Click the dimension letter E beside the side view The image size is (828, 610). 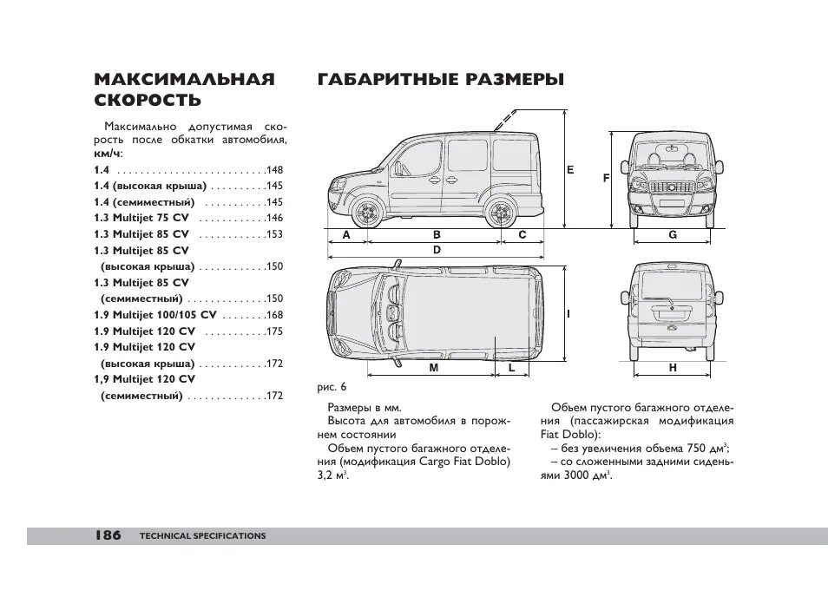coord(570,170)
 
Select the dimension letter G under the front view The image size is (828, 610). coord(672,235)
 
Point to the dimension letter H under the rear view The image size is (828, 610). coord(672,368)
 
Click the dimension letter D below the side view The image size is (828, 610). coord(437,250)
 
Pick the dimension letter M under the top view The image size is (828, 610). coord(431,368)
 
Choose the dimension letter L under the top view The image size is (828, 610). coord(512,368)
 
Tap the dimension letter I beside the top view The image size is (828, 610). coord(568,313)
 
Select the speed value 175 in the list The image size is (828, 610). coord(275,331)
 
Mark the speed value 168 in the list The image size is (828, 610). coord(275,315)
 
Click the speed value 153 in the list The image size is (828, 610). coord(275,234)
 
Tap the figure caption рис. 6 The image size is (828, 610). coord(332,386)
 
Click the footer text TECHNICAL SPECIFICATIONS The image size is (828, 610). coord(202,536)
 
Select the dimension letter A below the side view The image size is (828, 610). coord(346,235)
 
